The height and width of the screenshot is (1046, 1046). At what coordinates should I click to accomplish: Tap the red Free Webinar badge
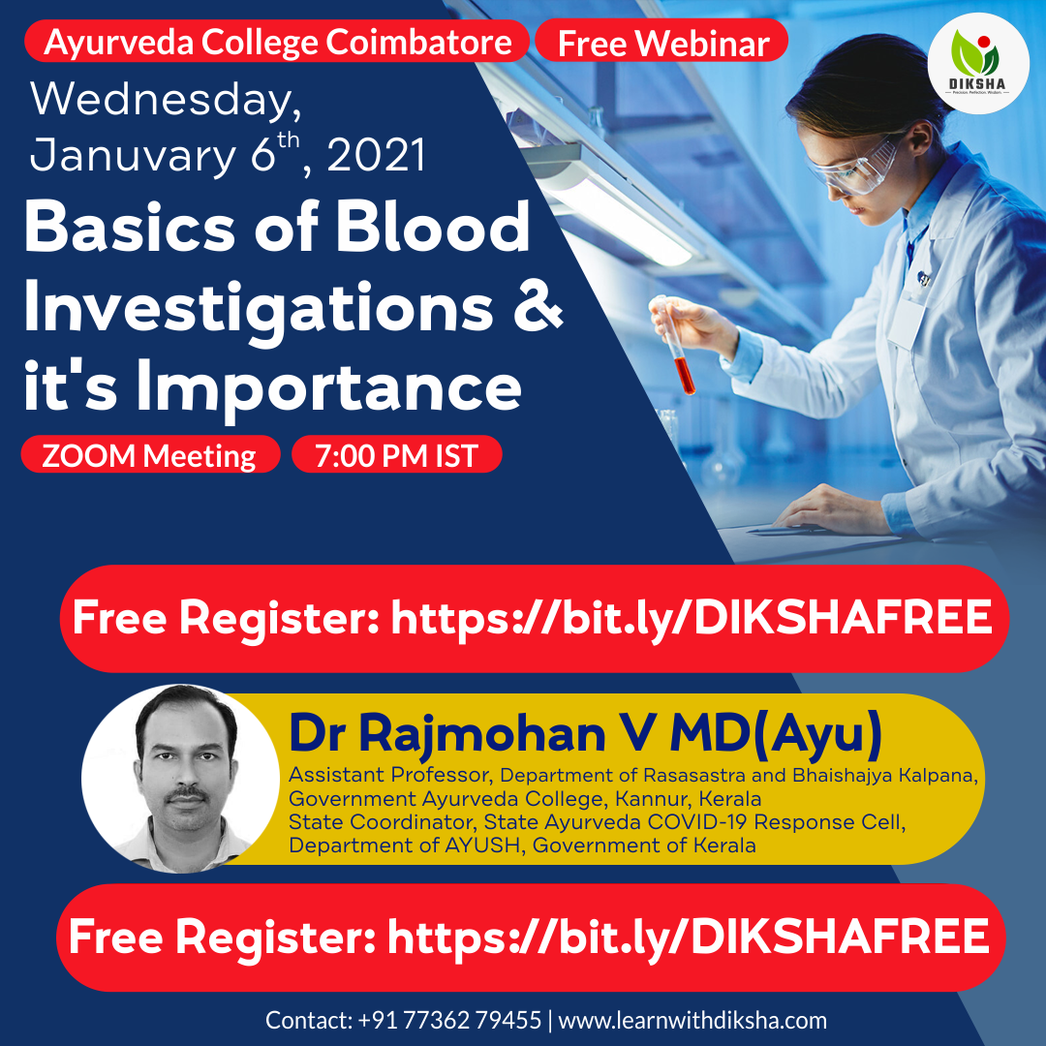pos(662,43)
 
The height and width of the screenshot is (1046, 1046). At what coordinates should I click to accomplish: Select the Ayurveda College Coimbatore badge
pos(278,42)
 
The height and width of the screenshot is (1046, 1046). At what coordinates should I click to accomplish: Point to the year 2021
pos(377,155)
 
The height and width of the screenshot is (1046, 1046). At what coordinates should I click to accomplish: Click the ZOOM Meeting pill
pos(149,455)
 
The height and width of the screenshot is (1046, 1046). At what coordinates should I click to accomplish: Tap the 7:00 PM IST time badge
pos(396,455)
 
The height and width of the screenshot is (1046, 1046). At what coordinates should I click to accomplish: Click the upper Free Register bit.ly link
pos(692,618)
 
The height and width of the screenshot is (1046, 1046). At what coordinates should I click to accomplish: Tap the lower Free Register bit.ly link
pos(688,937)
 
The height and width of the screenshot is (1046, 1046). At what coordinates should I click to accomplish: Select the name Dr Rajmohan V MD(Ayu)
pos(585,735)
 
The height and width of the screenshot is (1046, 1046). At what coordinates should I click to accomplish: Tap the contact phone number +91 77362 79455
pos(449,1020)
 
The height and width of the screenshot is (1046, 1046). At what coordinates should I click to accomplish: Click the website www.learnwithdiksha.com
pos(692,1020)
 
